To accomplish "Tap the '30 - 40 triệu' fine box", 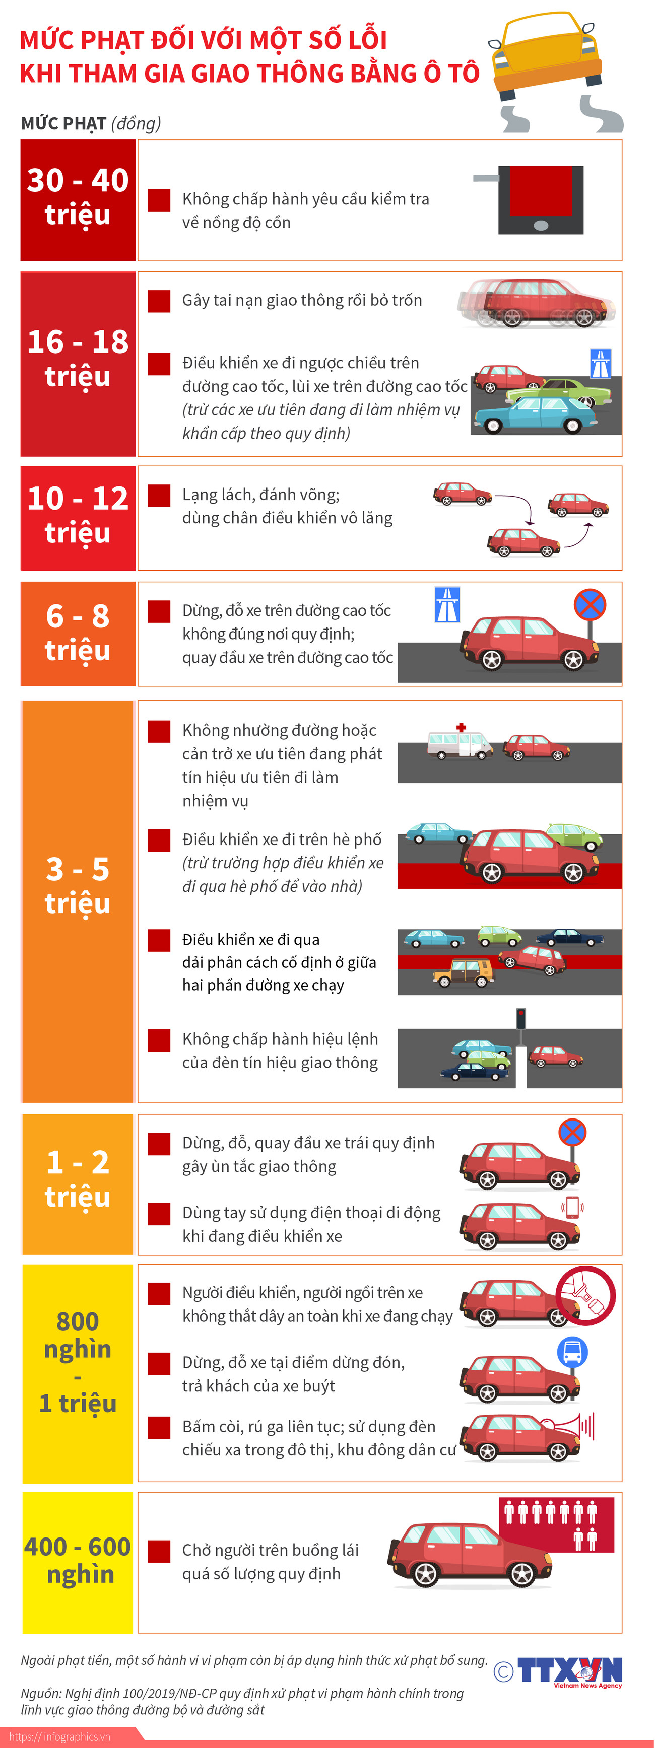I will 78,199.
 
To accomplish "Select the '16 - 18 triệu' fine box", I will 78,364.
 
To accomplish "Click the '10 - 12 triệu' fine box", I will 78,518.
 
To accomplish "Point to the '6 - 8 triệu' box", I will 78,633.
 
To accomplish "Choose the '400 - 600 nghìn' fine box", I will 78,1561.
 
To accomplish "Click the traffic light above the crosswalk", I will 520,1019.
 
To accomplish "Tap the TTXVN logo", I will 568,1671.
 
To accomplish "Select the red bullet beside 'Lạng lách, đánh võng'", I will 159,496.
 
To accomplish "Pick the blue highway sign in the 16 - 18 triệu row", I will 600,363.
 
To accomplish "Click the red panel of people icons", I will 557,1524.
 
